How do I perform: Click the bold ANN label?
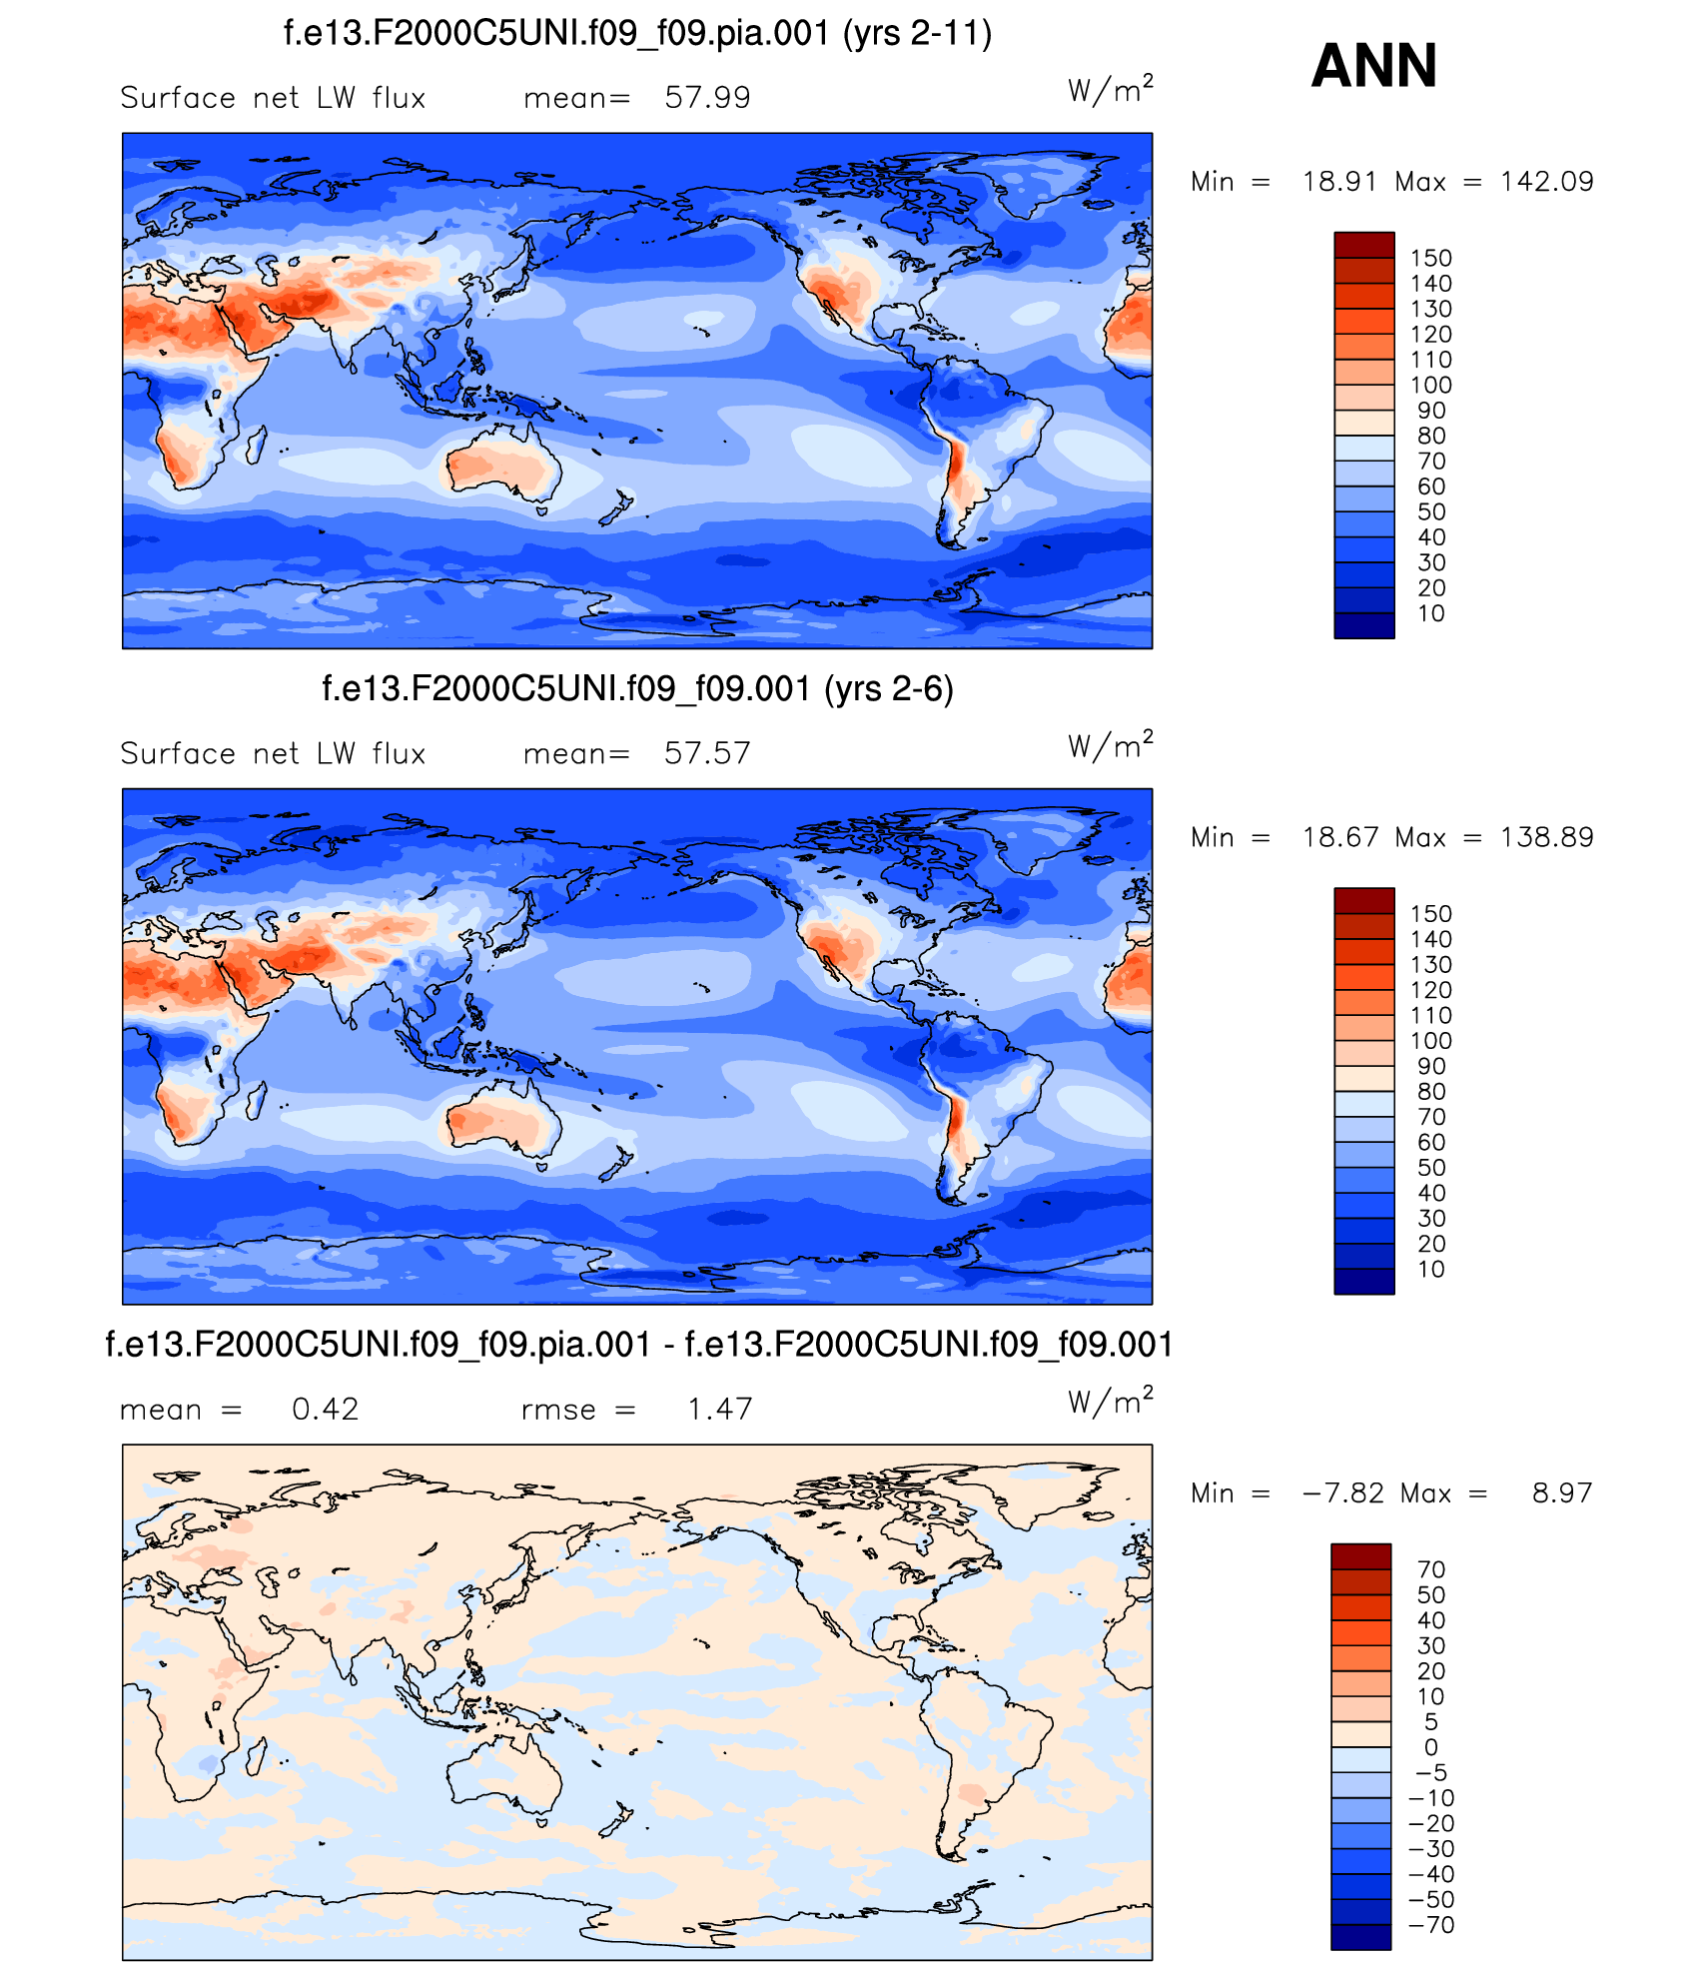[x=1373, y=66]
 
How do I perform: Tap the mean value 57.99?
[x=707, y=98]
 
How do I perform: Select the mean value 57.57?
[x=707, y=753]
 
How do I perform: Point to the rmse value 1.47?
[x=719, y=1409]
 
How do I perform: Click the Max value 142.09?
[x=1546, y=182]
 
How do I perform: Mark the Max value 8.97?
[x=1561, y=1492]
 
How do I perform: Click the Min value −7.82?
[x=1342, y=1492]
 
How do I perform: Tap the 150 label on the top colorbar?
[x=1430, y=258]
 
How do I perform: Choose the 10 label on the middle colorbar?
[x=1430, y=1270]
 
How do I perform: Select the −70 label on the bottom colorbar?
[x=1430, y=1925]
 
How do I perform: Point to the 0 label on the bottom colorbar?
[x=1430, y=1747]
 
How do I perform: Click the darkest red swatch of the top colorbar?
[x=1363, y=245]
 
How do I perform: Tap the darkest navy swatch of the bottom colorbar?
[x=1360, y=1936]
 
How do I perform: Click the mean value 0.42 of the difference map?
[x=325, y=1409]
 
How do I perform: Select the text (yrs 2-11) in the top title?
[x=917, y=34]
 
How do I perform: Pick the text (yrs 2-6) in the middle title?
[x=888, y=689]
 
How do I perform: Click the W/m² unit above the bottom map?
[x=1110, y=1402]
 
